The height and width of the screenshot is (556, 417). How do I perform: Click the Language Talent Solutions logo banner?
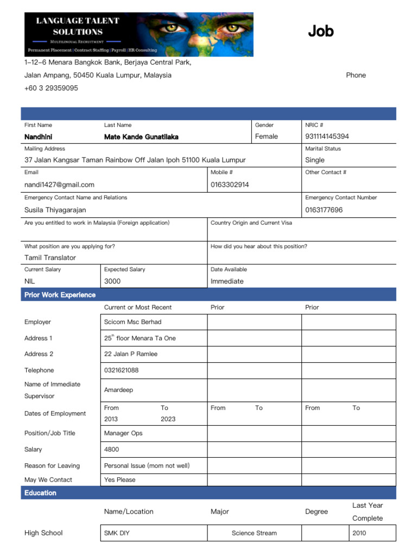(138, 34)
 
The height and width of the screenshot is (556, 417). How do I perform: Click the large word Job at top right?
(320, 31)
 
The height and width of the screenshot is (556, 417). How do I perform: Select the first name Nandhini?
(39, 137)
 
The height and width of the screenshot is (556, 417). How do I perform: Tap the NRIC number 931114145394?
(327, 137)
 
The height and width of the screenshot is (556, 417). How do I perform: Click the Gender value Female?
(267, 137)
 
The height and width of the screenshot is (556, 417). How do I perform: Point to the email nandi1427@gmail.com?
(59, 185)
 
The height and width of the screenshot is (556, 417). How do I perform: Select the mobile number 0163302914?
(230, 185)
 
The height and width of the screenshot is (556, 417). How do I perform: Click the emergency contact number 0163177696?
(324, 210)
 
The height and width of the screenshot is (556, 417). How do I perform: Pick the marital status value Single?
(315, 160)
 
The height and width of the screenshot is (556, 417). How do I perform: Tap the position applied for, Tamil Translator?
(50, 258)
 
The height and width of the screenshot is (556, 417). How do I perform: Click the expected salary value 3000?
(112, 281)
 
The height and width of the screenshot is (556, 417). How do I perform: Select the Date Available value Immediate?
(227, 281)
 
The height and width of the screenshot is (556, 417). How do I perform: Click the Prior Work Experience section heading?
(60, 295)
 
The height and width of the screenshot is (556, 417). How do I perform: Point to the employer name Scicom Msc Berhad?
(132, 322)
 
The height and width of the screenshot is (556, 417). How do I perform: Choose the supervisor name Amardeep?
(118, 390)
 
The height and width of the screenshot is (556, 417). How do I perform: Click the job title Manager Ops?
(123, 433)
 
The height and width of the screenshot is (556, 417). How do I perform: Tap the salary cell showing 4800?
(111, 450)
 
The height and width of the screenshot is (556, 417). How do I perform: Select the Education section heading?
(40, 493)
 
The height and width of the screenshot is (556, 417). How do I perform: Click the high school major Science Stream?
(254, 533)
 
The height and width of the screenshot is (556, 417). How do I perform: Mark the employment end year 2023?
(168, 419)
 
